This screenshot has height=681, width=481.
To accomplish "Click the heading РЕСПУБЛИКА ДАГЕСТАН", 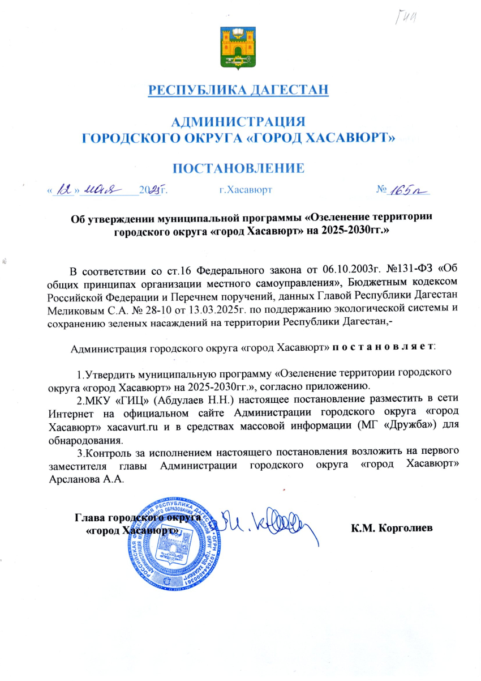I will point(238,90).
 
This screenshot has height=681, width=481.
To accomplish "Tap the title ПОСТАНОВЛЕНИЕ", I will point(238,168).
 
